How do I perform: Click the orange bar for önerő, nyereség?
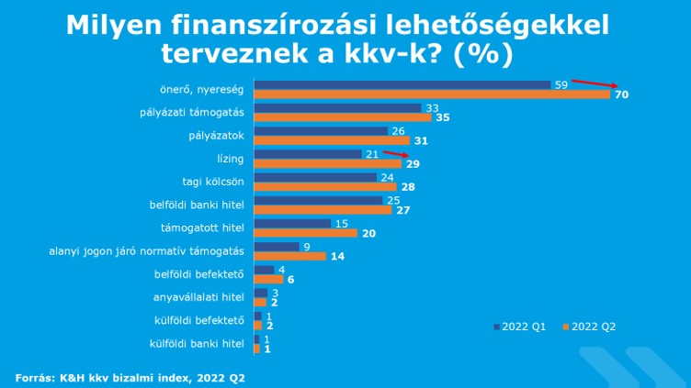click(x=432, y=94)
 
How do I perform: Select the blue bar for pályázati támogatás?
click(x=337, y=107)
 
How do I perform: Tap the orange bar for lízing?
click(x=327, y=164)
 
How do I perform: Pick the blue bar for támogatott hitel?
click(x=292, y=223)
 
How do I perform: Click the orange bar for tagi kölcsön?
click(x=325, y=187)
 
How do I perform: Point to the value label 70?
click(x=621, y=95)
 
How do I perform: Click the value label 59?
click(x=561, y=84)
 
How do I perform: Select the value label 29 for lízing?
click(x=413, y=165)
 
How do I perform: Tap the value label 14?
click(x=336, y=257)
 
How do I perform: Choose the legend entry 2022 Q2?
click(x=588, y=326)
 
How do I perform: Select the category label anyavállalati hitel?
click(x=198, y=296)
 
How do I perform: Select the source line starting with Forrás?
click(x=129, y=377)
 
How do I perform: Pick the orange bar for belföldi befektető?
click(x=261, y=279)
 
